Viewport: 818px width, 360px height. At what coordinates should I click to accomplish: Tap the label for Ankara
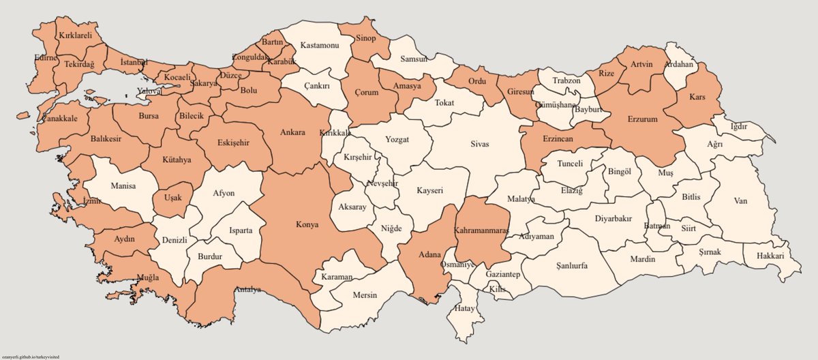pyautogui.click(x=292, y=133)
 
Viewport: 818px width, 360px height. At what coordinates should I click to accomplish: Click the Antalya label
pyautogui.click(x=248, y=290)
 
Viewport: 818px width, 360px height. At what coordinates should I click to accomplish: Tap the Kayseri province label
pyautogui.click(x=429, y=192)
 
